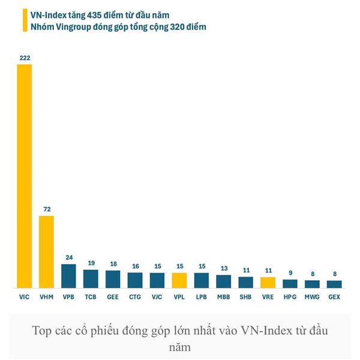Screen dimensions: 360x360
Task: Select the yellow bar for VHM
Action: point(47,252)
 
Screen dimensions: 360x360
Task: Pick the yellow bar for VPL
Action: point(179,280)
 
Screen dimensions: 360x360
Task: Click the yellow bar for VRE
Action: point(268,282)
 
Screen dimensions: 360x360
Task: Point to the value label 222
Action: point(25,58)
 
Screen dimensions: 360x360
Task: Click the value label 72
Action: point(47,209)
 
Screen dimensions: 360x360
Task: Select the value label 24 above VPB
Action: point(69,258)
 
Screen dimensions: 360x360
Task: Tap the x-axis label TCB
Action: point(91,296)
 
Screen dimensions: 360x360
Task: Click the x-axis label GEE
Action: point(113,296)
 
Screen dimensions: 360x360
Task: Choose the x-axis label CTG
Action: point(135,296)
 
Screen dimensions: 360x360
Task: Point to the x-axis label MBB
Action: point(223,296)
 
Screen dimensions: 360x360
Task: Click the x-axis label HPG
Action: point(290,296)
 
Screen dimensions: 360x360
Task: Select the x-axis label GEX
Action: point(334,296)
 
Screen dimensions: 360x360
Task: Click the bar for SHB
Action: point(245,282)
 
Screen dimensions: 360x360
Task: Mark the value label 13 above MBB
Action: point(223,268)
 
